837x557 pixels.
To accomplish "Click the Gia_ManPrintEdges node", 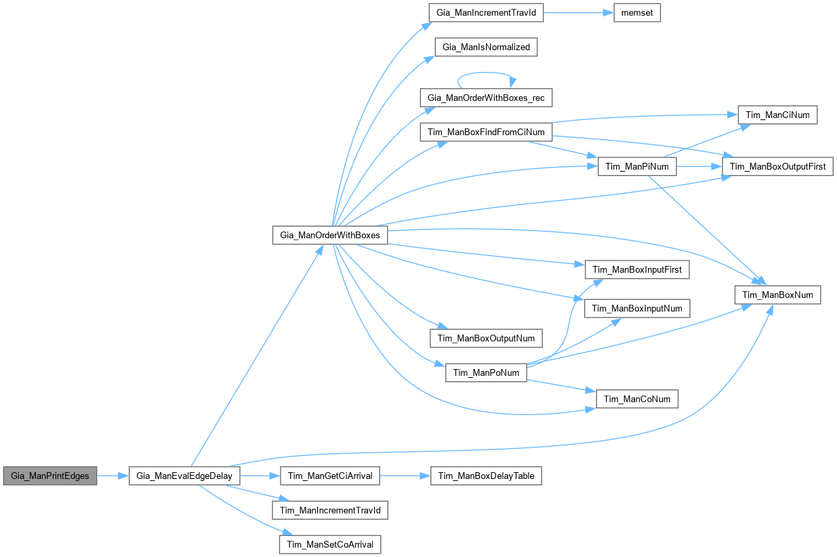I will pos(50,476).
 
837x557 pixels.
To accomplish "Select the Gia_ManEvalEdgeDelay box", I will pos(184,476).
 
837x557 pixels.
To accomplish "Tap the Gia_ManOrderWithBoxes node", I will pos(329,235).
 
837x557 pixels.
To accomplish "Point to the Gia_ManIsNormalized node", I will pos(487,47).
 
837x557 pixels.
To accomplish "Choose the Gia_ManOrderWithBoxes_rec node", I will pos(486,98).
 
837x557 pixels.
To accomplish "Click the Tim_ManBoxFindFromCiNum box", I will pos(486,131).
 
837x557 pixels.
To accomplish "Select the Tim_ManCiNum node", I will pos(777,115).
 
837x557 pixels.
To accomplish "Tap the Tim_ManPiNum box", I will pos(636,167).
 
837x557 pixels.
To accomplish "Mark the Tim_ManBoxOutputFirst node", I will pos(777,167).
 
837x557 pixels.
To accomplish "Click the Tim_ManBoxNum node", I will pos(777,294).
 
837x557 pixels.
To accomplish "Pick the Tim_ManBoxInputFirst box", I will pos(637,269).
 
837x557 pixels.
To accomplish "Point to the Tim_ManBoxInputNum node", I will pos(637,308).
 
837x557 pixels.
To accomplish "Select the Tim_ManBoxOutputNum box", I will pos(486,338).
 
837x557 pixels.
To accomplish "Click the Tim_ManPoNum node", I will pos(486,372).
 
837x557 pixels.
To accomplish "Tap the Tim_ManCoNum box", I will pos(637,399).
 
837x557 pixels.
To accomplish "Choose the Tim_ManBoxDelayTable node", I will pos(486,476).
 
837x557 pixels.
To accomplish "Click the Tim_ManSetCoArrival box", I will pos(329,544).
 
